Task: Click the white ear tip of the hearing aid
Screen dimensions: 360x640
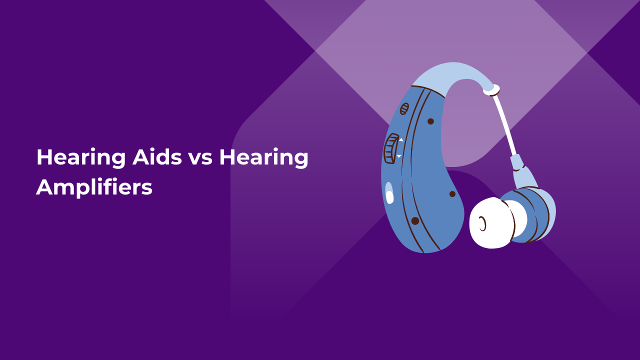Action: pos(492,222)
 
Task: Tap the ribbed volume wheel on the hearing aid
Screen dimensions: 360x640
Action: pos(391,148)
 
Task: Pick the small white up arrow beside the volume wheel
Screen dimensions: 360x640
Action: pos(400,139)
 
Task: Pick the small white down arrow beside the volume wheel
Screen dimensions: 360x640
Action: pos(399,156)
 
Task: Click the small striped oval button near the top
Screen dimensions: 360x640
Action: pos(404,108)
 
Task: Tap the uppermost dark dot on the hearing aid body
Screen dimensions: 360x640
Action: pos(430,121)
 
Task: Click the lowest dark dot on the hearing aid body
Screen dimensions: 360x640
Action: pos(415,220)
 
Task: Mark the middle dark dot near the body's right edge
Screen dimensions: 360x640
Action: pos(452,194)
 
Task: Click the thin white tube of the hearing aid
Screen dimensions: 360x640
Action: pos(505,125)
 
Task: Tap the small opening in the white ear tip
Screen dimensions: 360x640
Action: pos(482,223)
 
